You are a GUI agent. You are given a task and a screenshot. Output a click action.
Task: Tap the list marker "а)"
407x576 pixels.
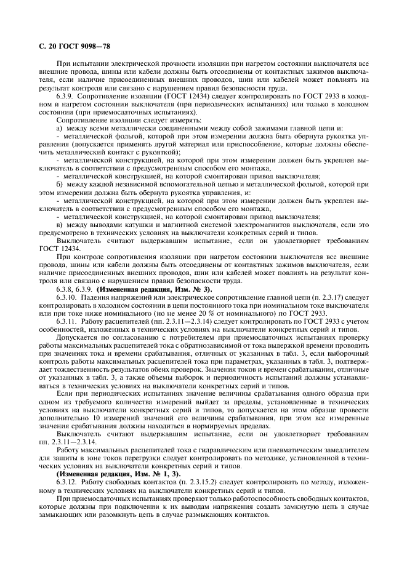59,128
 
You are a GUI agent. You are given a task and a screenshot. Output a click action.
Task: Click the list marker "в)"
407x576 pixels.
59,225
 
